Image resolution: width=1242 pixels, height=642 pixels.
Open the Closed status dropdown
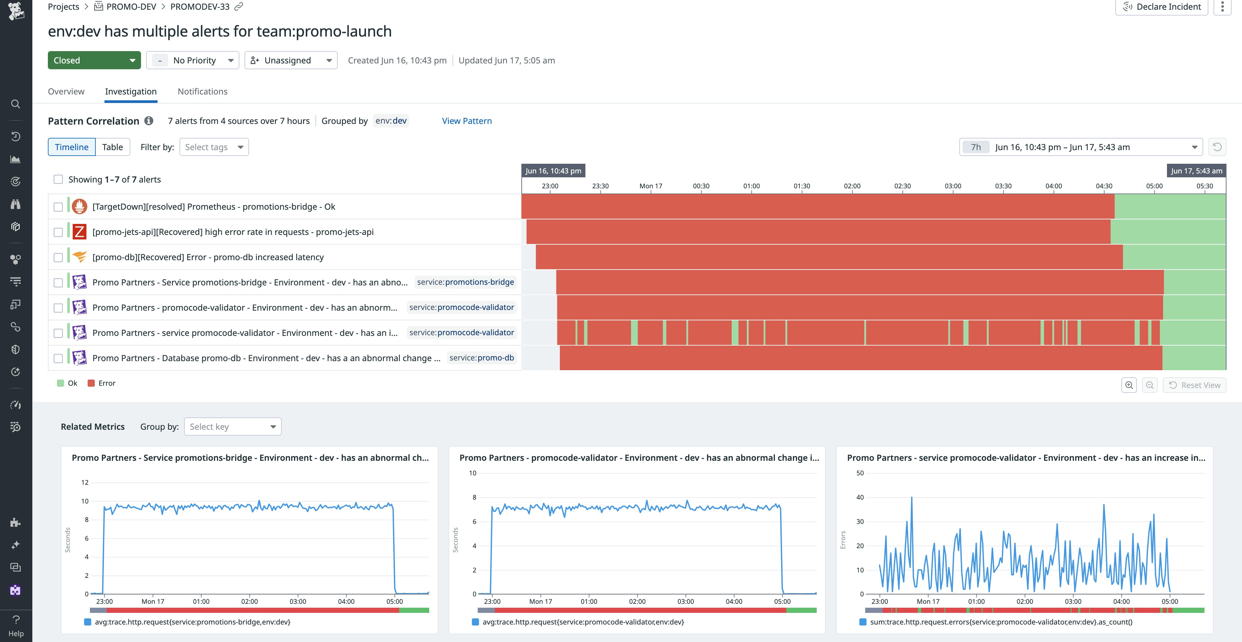94,60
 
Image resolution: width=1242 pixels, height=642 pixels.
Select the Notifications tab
202,92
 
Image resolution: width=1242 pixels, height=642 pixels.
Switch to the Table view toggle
112,147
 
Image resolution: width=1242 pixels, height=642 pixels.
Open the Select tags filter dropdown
213,147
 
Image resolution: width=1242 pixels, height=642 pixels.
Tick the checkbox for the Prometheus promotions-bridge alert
58,207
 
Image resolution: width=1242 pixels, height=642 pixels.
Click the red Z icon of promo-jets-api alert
80,232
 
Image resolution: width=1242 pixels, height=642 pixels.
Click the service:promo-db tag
481,358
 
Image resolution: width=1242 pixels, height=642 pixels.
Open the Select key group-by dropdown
233,426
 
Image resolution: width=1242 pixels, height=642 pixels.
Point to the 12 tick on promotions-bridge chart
85,482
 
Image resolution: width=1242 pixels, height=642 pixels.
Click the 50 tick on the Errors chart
860,473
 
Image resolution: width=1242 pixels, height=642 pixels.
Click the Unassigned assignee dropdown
291,60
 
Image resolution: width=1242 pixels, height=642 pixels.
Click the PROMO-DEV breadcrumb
131,7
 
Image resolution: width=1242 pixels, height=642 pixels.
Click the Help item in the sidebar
16,626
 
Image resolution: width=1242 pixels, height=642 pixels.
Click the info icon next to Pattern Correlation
149,121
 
